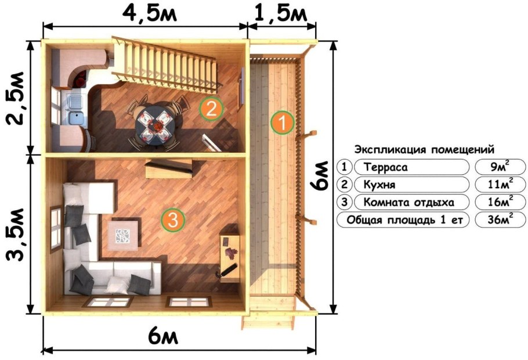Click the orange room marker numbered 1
(x=283, y=123)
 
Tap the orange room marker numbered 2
(x=211, y=108)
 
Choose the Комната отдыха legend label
(x=408, y=202)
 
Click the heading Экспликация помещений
(x=424, y=149)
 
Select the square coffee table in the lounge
(x=123, y=235)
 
